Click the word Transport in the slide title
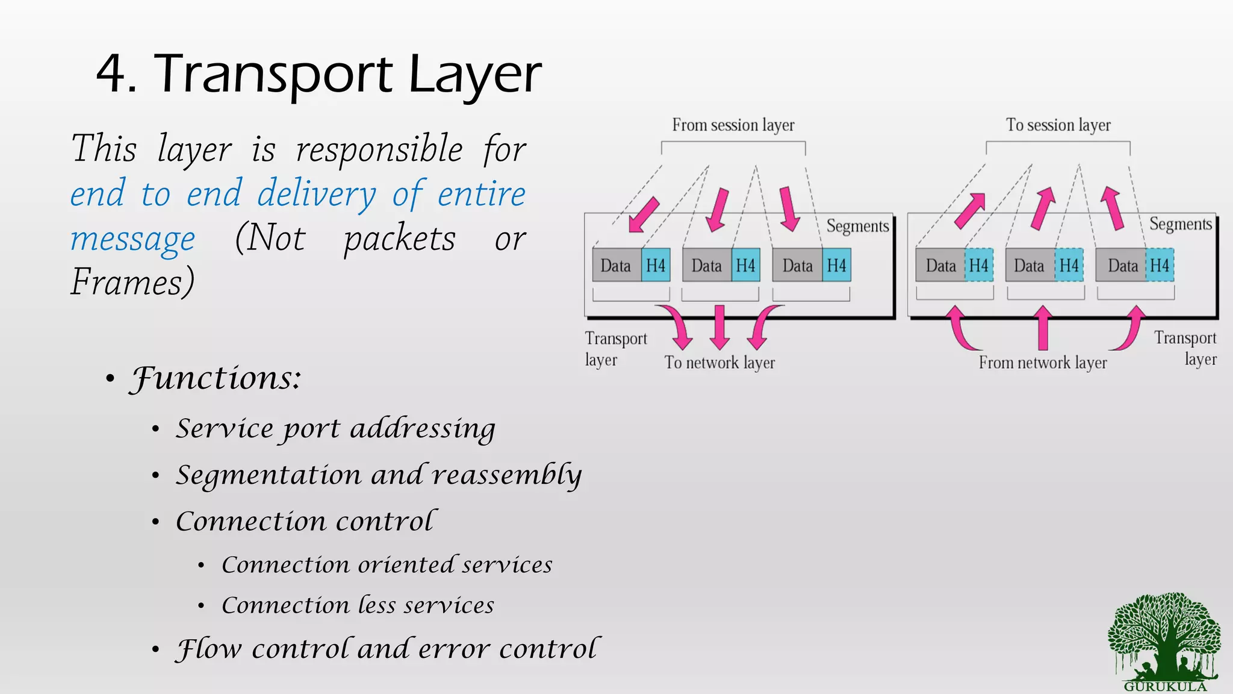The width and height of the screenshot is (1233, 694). coord(274,75)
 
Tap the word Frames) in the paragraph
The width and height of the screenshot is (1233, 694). coord(132,282)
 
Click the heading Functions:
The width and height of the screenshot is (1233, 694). coord(216,378)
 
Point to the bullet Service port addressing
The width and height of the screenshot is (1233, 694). coord(335,429)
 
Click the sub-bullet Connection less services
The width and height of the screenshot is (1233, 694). coord(358,605)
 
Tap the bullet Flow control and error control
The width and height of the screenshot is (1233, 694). coord(387,649)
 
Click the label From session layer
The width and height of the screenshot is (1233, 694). coord(733,125)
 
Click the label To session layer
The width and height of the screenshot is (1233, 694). coord(1058,125)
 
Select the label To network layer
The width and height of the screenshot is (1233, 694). coord(719,363)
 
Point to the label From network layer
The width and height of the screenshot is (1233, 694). coord(1042,363)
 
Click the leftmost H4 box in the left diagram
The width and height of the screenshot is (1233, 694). coord(655,265)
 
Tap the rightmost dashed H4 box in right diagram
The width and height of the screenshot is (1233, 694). coord(1159,265)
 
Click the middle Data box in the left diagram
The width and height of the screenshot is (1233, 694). coord(707,265)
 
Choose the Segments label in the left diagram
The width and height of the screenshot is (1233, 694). coord(857,226)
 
